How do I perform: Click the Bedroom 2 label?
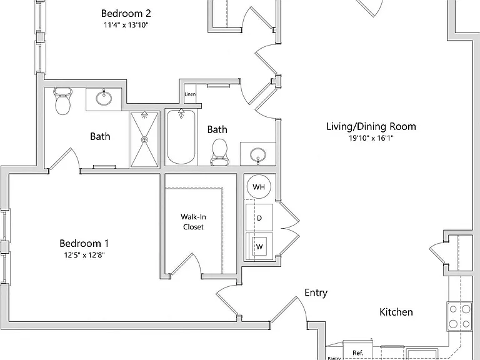[126, 14]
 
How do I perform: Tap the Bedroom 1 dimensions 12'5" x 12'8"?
[84, 255]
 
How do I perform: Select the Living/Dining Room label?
[371, 126]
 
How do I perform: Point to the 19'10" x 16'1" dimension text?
[371, 138]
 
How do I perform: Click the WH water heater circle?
[259, 187]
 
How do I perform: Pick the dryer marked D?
[259, 217]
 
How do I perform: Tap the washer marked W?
[259, 246]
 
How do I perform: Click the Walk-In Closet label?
[193, 222]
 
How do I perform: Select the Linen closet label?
[190, 94]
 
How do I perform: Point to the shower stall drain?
[144, 139]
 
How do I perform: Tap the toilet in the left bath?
[62, 101]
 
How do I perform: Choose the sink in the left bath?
[104, 98]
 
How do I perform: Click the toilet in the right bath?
[219, 152]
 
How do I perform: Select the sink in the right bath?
[257, 155]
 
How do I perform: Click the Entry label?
[316, 292]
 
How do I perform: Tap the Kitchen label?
[396, 312]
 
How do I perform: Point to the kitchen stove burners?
[459, 316]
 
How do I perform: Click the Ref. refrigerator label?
[358, 353]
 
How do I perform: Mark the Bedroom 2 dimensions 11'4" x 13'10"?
[126, 25]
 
